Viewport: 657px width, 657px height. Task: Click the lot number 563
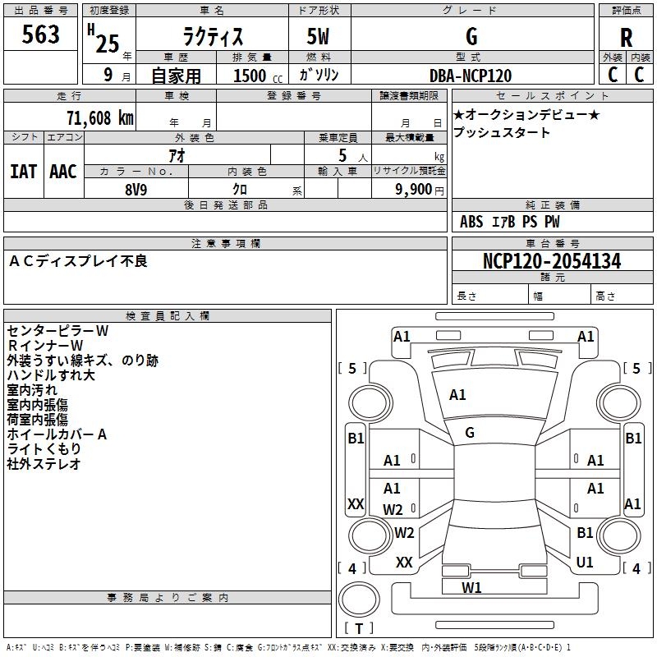41,34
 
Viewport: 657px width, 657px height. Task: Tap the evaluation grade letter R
626,37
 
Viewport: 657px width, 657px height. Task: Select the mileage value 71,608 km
99,117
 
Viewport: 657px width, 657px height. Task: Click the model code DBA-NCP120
471,76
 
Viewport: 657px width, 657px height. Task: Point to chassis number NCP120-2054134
552,261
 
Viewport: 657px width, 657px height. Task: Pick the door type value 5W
319,37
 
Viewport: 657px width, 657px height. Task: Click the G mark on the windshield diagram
470,433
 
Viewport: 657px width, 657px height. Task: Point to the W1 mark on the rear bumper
471,587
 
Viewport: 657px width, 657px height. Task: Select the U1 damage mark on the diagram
585,563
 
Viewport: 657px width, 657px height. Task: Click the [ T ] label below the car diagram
359,628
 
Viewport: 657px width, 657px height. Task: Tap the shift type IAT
23,171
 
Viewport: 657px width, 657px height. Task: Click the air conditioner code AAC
63,171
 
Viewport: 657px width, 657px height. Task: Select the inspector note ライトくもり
44,449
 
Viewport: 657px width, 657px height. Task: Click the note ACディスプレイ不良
78,261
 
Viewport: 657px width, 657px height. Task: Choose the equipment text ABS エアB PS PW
511,221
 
